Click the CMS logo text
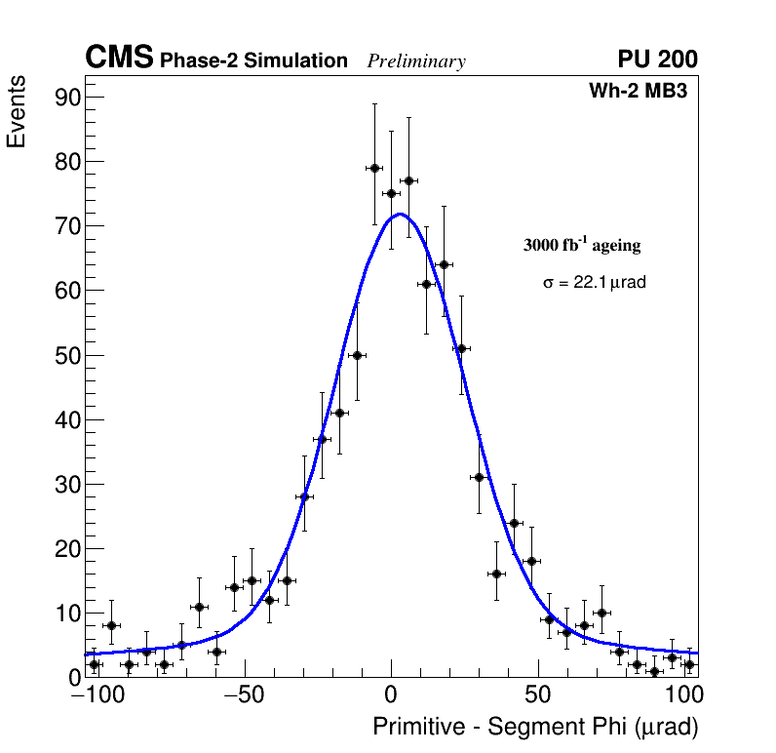click(119, 59)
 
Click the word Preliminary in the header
click(416, 61)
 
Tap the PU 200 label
click(657, 59)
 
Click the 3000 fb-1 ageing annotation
click(582, 246)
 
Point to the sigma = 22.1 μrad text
click(595, 282)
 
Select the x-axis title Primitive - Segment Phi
click(535, 727)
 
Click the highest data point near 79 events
click(373, 168)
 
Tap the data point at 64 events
click(444, 264)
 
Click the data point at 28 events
click(304, 496)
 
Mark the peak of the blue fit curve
click(399, 214)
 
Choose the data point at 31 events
click(479, 477)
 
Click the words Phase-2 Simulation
click(253, 61)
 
